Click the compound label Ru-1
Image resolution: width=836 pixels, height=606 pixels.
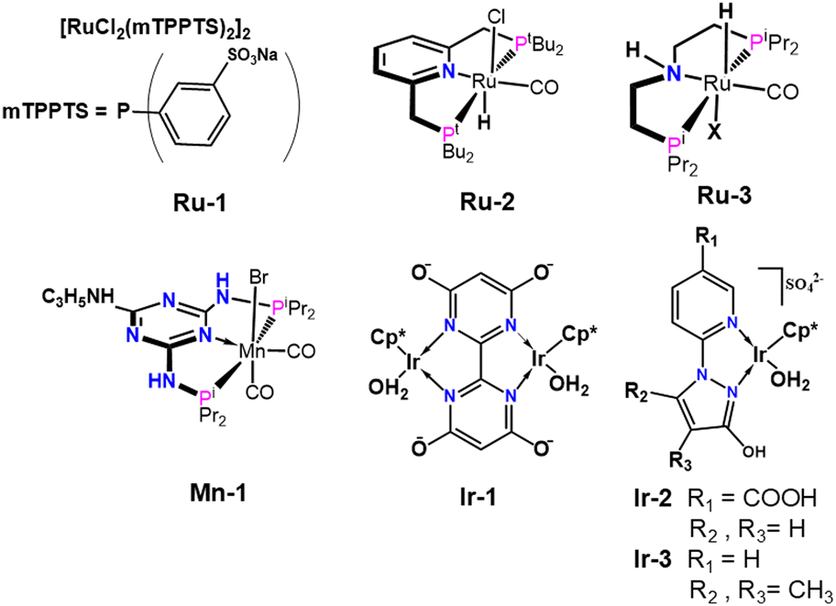(x=200, y=204)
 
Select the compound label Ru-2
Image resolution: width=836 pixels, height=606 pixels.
(x=488, y=203)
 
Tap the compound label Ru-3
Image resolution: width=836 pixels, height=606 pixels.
(x=724, y=196)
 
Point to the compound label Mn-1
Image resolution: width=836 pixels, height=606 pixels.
(x=218, y=493)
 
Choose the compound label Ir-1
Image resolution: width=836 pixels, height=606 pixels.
(x=478, y=497)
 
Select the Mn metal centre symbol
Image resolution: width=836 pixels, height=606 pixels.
(x=252, y=351)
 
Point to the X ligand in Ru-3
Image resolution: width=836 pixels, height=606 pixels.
(x=713, y=132)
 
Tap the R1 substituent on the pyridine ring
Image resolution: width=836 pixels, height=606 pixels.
(x=708, y=239)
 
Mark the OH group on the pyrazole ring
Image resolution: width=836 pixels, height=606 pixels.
(x=753, y=452)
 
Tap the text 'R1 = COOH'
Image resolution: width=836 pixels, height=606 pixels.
(x=753, y=500)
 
